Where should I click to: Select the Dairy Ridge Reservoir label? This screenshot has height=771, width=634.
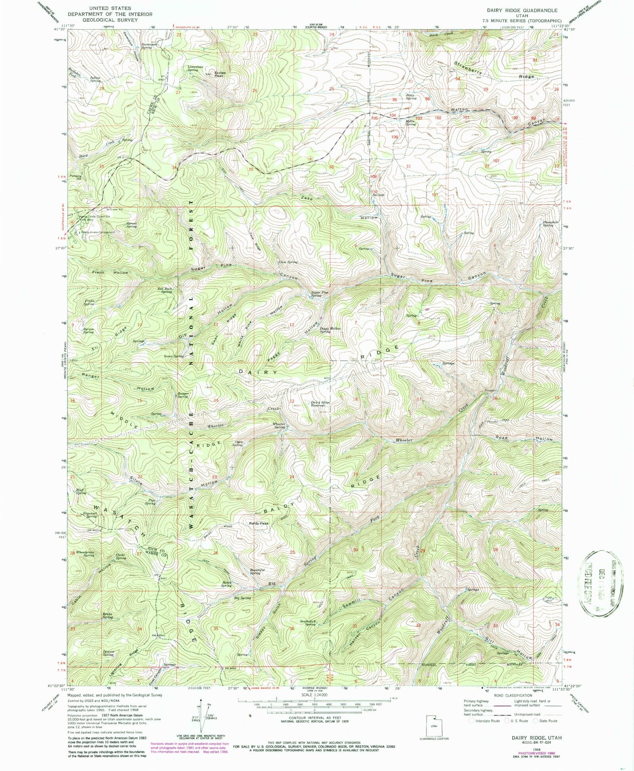point(320,403)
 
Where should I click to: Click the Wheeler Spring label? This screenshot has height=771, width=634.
point(279,425)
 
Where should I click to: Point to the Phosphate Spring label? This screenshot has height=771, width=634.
point(548,223)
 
